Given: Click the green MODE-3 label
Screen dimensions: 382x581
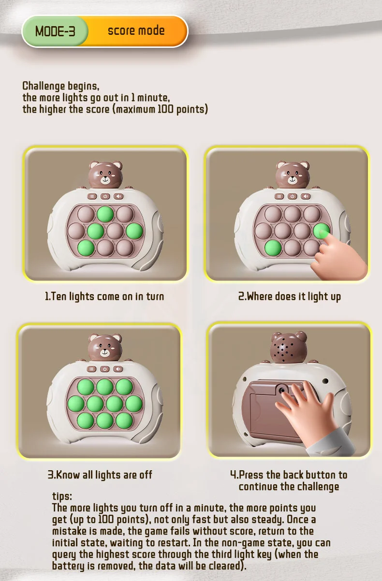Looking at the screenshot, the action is coord(55,31).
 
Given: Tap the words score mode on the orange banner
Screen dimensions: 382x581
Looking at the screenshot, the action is coord(136,30).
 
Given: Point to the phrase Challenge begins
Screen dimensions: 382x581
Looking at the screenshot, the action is coord(60,86).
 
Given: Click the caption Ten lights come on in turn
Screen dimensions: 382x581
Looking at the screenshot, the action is coord(104,297).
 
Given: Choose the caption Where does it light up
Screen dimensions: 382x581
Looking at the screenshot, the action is coord(290,297).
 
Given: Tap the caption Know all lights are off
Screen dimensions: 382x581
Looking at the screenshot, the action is coord(100,475).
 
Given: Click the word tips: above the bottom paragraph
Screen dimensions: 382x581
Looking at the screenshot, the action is coord(62,496).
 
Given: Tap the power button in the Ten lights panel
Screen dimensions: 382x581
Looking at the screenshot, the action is coord(105,196).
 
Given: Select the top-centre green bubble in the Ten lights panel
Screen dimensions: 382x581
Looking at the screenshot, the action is coord(105,214).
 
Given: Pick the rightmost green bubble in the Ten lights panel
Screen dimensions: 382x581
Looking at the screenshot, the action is coord(134,231).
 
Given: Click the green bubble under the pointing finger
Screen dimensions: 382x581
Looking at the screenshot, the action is coord(321,231).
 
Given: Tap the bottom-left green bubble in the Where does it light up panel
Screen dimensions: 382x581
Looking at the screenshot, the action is coord(273,248).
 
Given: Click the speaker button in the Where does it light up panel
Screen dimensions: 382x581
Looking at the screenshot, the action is coord(306,196).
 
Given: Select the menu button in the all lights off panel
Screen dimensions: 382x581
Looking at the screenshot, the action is coord(91,369).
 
